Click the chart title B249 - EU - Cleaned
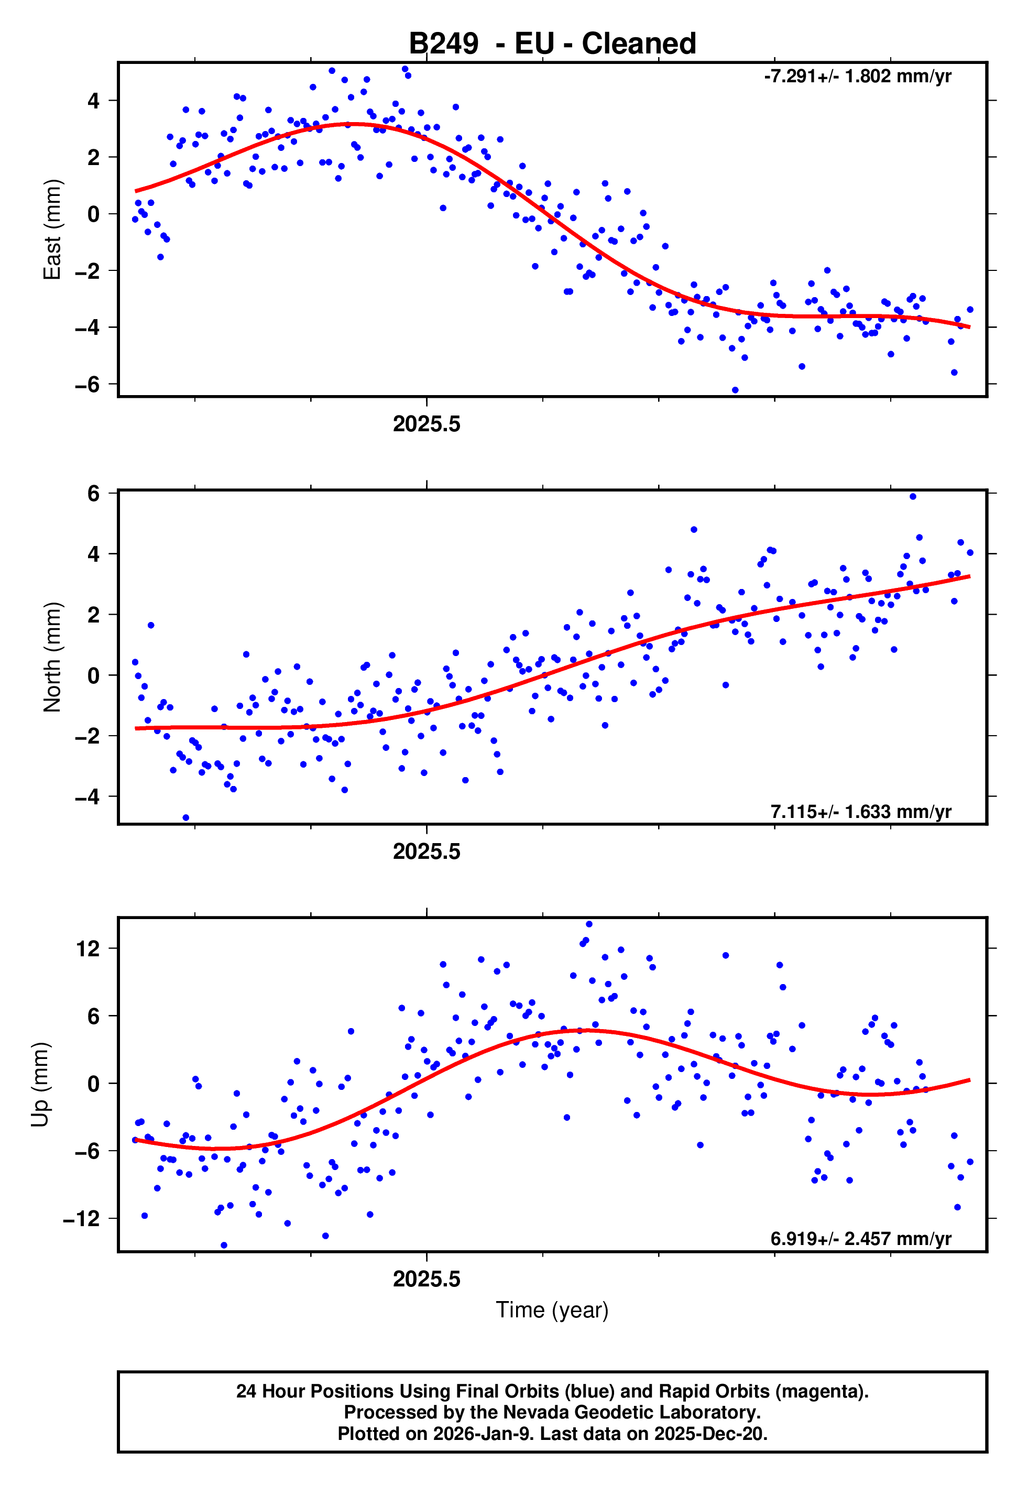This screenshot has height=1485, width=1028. [x=552, y=44]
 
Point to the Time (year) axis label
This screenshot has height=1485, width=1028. [x=552, y=1310]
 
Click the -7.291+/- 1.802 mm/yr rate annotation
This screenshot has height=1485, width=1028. [x=857, y=77]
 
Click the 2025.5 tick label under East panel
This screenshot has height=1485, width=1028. [x=426, y=424]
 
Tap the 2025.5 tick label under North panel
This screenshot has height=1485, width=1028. [x=426, y=851]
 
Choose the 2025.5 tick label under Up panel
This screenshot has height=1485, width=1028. [x=426, y=1279]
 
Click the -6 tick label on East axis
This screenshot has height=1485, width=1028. [x=88, y=385]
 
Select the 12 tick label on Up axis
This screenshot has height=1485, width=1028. [x=88, y=948]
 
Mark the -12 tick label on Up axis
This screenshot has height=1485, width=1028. [x=82, y=1218]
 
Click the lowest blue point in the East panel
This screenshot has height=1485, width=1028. [x=735, y=390]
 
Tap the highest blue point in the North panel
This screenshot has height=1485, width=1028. [x=913, y=497]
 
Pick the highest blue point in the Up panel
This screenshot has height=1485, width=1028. [x=589, y=924]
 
